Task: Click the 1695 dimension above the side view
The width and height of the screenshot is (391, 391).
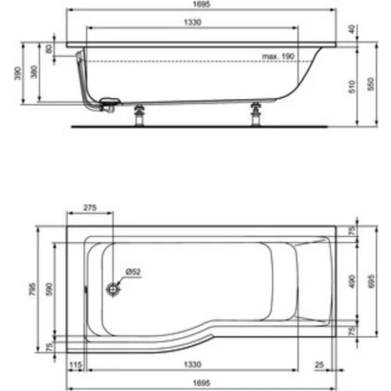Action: [x=201, y=4]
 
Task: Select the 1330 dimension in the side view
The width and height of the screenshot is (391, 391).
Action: [x=192, y=22]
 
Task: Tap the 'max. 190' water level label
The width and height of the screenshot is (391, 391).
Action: [x=278, y=57]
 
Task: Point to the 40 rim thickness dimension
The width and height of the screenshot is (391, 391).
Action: [x=352, y=29]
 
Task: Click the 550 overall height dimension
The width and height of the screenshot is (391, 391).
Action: [x=371, y=84]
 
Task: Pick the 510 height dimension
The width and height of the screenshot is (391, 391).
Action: [x=352, y=87]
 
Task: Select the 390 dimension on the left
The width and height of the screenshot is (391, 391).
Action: [x=17, y=73]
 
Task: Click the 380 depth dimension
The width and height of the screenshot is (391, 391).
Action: [x=34, y=72]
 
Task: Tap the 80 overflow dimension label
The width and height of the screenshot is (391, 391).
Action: [x=49, y=49]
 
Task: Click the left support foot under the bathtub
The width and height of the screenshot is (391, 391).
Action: [x=139, y=115]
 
